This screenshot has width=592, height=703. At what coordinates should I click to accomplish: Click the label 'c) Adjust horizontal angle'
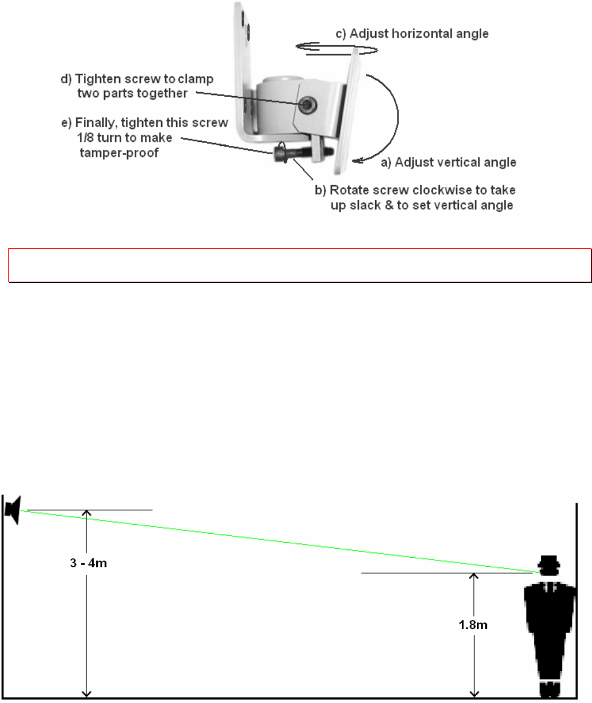[x=412, y=34]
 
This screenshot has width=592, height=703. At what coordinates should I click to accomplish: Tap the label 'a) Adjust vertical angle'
[x=448, y=163]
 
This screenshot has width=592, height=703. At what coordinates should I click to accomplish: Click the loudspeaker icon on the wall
[x=12, y=509]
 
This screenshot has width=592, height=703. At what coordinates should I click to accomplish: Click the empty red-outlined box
[x=299, y=265]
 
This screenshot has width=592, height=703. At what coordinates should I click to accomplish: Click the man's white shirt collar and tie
[x=549, y=588]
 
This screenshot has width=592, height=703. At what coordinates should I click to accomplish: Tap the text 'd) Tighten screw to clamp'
[x=137, y=79]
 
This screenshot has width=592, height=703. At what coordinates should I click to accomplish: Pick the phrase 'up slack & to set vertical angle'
[x=419, y=205]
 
